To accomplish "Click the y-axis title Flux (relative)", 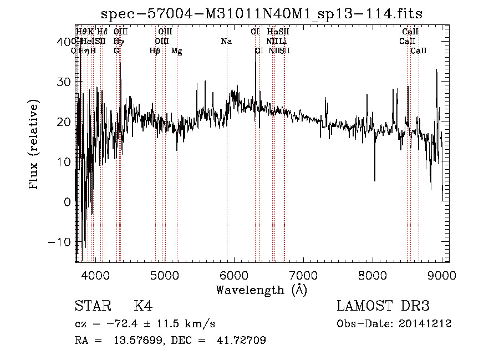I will [35, 144].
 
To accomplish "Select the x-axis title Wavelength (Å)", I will [261, 290].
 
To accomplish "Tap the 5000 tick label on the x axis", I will [165, 275].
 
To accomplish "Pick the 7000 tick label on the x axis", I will [303, 275].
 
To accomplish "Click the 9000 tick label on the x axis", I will [442, 275].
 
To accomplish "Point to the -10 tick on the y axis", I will [59, 242].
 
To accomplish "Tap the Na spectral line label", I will [226, 41].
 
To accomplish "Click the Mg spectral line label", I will [176, 50].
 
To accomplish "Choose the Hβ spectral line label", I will [155, 50].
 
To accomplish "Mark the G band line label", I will [116, 50].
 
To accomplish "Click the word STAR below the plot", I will [92, 306].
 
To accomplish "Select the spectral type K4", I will [142, 306].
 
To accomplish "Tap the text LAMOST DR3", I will [383, 306].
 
